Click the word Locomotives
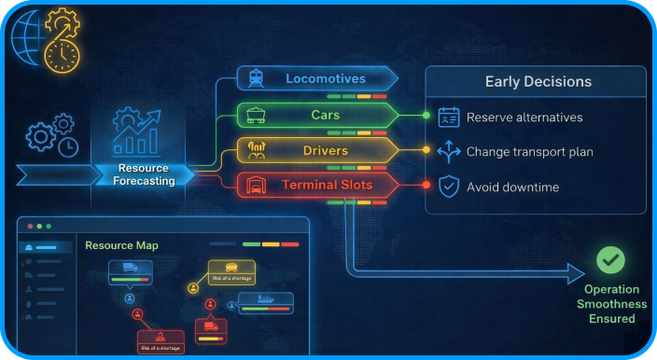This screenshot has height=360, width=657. coord(326,78)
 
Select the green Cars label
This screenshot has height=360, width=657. coord(326,115)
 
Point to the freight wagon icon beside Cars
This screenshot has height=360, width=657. coord(254,115)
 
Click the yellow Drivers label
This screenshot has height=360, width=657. coord(326,150)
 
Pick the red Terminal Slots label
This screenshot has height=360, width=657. coord(328,185)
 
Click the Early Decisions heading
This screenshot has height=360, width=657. coord(538,82)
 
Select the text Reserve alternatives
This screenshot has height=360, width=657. coord(524,118)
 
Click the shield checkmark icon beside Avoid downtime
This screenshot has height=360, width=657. coord(449,187)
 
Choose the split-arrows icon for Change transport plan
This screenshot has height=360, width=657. coord(449,151)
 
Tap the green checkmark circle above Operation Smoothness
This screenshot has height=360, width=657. coord(611,259)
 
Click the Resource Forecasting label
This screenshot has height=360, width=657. coord(144,174)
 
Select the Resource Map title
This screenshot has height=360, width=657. coord(121,246)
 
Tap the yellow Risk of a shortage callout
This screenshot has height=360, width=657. coord(231,272)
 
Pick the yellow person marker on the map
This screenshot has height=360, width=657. coord(194,288)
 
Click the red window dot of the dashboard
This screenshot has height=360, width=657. coord(29,227)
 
